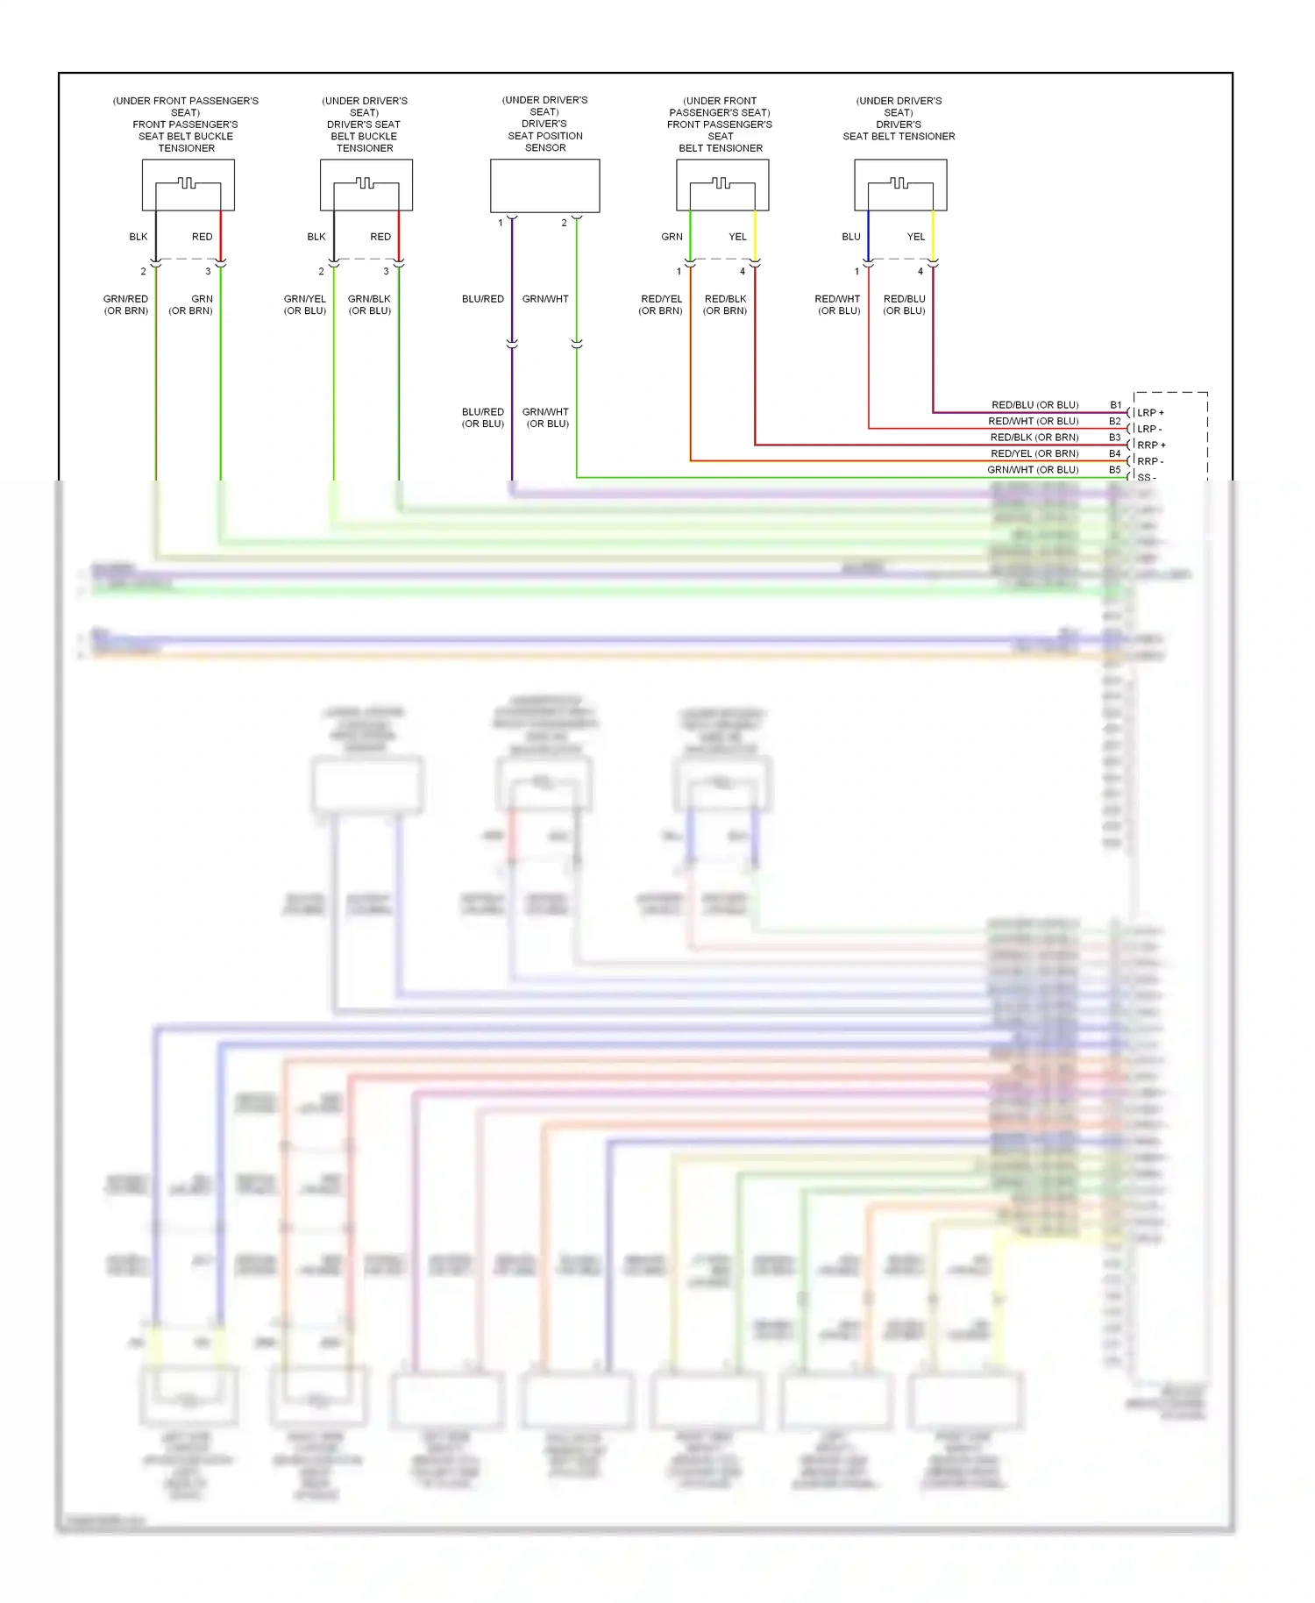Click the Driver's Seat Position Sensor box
pyautogui.click(x=544, y=186)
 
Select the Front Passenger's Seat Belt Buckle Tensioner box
pyautogui.click(x=188, y=185)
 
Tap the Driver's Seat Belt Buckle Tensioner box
pyautogui.click(x=366, y=185)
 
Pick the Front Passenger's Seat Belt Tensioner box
pyautogui.click(x=722, y=185)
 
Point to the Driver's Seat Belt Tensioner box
pyautogui.click(x=900, y=185)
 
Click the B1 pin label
pyautogui.click(x=1115, y=405)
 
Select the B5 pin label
pyautogui.click(x=1114, y=470)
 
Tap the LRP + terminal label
pyautogui.click(x=1150, y=413)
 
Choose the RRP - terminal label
pyautogui.click(x=1149, y=461)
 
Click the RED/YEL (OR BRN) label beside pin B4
pyautogui.click(x=1034, y=453)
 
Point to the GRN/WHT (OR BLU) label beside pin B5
pyautogui.click(x=1033, y=470)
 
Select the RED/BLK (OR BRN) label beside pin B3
pyautogui.click(x=1034, y=438)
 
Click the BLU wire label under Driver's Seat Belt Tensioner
pyautogui.click(x=850, y=237)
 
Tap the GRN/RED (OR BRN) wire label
pyautogui.click(x=126, y=304)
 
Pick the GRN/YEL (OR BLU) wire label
pyautogui.click(x=304, y=304)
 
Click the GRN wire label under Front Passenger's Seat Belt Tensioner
pyautogui.click(x=672, y=237)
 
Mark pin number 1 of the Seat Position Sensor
pyautogui.click(x=501, y=223)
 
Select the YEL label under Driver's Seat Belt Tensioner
pyautogui.click(x=915, y=237)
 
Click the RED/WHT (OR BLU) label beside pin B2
pyautogui.click(x=1034, y=422)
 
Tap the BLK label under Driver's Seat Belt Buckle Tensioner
pyautogui.click(x=316, y=237)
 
